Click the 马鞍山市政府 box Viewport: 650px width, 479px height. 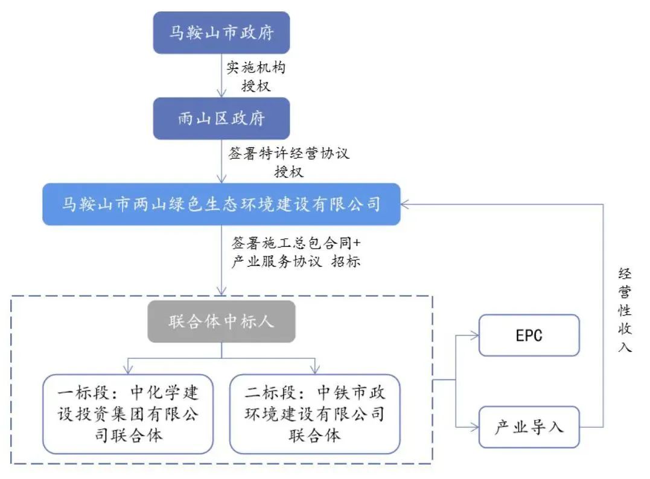click(221, 33)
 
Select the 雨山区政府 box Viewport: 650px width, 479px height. click(221, 118)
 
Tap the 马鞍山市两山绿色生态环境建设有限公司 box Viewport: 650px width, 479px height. click(221, 204)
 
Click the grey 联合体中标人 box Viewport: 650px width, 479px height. click(221, 321)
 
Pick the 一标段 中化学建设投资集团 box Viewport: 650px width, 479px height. click(128, 414)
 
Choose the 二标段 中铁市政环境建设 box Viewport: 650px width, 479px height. click(314, 414)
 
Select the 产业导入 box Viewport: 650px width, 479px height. click(529, 427)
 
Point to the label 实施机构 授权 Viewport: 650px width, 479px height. click(256, 76)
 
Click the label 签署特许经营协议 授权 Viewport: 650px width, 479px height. click(289, 162)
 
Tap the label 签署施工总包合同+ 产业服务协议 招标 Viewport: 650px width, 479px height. click(295, 253)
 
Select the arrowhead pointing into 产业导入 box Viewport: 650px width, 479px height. click(475, 427)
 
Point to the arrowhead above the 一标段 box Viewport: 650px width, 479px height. click(128, 370)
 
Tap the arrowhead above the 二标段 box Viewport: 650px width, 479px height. click(314, 370)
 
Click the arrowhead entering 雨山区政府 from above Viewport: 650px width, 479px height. click(221, 94)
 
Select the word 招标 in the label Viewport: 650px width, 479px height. click(346, 262)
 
